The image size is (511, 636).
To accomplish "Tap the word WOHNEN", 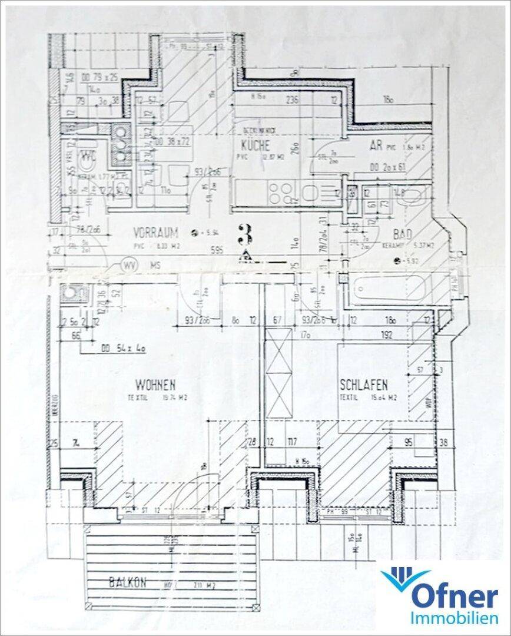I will coord(155,386).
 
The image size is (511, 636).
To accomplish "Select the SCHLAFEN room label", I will coord(363,386).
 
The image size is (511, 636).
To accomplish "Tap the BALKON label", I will coord(127,583).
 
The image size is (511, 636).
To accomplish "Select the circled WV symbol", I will coord(129,266).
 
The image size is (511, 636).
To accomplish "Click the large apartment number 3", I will coord(244,235).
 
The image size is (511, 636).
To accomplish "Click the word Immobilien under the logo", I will coord(450,620).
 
